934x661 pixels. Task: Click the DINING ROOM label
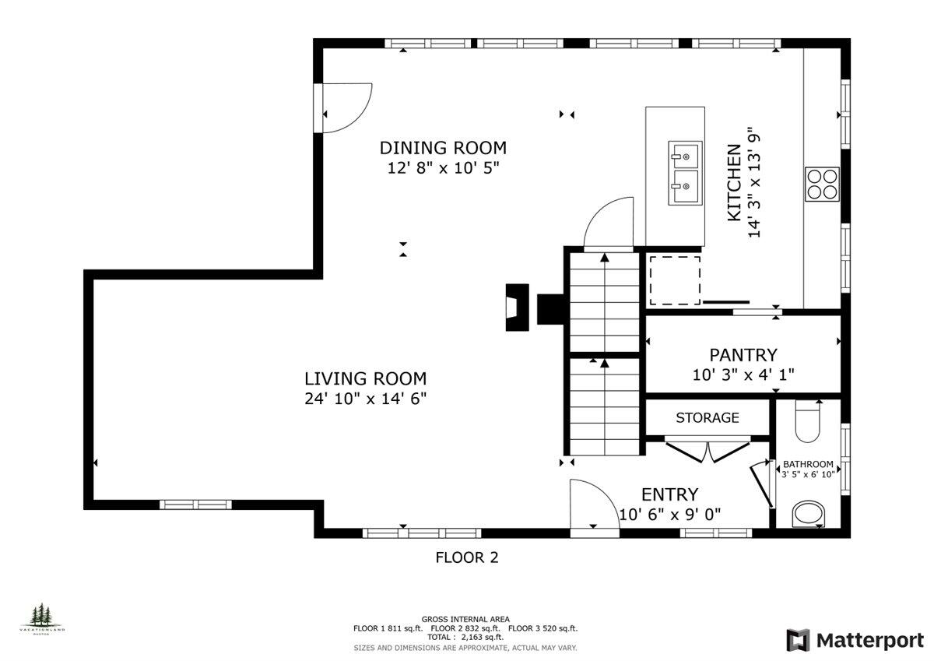click(x=443, y=147)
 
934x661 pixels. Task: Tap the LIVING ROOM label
click(x=365, y=379)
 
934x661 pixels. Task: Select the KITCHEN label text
click(x=734, y=183)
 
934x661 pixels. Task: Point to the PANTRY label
click(x=743, y=355)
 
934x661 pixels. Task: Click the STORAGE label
click(x=707, y=418)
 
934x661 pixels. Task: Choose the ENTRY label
click(x=669, y=494)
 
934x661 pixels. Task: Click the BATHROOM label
click(x=808, y=463)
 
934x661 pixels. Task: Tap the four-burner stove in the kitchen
click(x=822, y=185)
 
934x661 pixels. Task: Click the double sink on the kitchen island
click(x=684, y=173)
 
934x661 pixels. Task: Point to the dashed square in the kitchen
click(x=675, y=280)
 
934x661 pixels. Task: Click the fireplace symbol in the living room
click(x=517, y=308)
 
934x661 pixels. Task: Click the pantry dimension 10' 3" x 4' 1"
click(x=743, y=374)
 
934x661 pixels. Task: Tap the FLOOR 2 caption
click(x=466, y=557)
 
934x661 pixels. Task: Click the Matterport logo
click(x=855, y=640)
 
